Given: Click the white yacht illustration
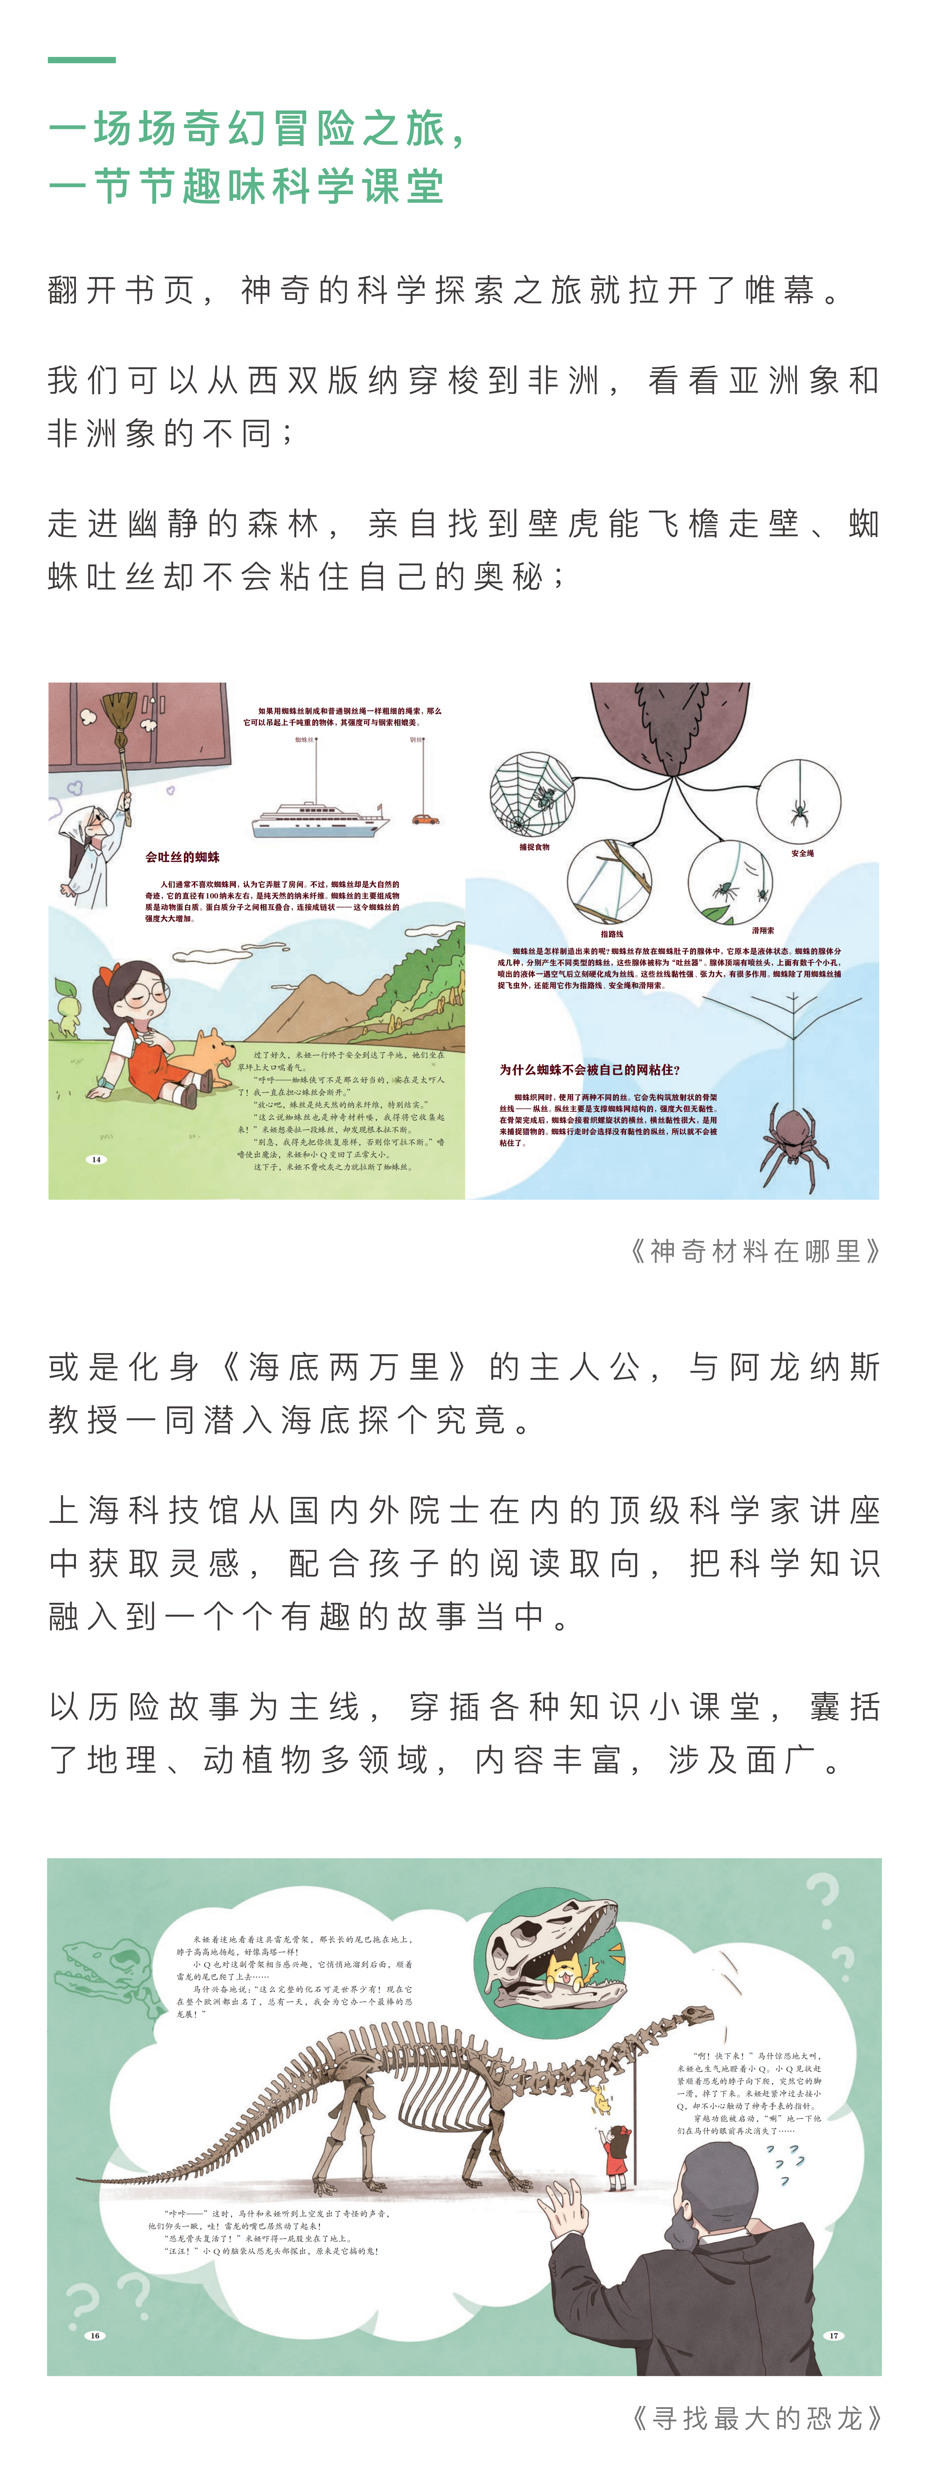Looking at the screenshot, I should pyautogui.click(x=319, y=818).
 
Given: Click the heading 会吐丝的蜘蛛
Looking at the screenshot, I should pyautogui.click(x=182, y=857).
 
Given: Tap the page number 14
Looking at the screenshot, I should pyautogui.click(x=95, y=1159).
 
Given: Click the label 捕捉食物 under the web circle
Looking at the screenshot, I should pyautogui.click(x=534, y=847).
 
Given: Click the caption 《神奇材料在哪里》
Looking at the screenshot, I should pyautogui.click(x=755, y=1252).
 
